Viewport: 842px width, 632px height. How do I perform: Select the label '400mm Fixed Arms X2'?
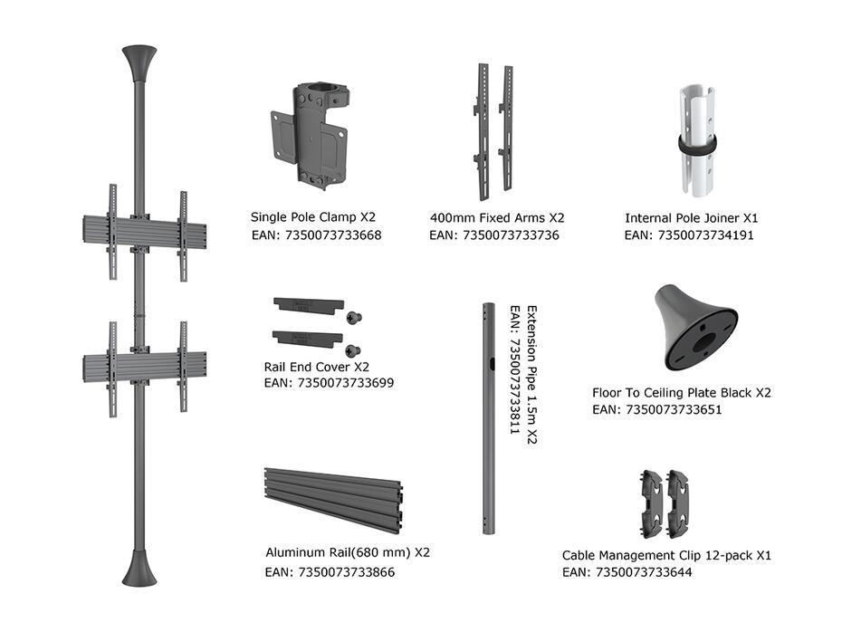(497, 217)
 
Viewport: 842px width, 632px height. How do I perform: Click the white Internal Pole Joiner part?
(696, 140)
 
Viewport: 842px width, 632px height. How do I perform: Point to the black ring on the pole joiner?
(697, 146)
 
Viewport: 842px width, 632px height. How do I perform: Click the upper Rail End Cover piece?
(308, 304)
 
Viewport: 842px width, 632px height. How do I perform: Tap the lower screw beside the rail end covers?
(352, 351)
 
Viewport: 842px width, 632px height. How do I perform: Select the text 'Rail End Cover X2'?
(316, 368)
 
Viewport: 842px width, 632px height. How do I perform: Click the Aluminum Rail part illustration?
(333, 500)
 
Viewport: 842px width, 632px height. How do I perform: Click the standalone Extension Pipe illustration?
(488, 418)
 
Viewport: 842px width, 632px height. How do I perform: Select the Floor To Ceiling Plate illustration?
(696, 328)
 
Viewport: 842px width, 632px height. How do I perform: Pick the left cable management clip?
(653, 503)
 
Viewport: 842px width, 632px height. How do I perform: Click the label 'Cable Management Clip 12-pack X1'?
(666, 555)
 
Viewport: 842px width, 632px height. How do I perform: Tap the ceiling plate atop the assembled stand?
(139, 62)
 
